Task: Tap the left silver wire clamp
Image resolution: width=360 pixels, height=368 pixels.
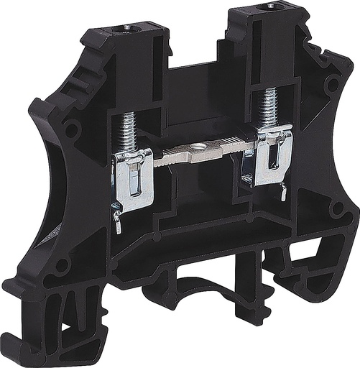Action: click(x=134, y=180)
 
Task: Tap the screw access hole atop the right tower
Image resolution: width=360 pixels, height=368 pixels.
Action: click(x=271, y=6)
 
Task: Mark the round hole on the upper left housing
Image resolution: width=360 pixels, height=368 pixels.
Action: click(x=70, y=132)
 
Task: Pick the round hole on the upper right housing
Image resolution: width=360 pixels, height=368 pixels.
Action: click(x=333, y=84)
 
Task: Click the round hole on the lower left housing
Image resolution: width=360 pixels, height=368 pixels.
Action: click(x=62, y=264)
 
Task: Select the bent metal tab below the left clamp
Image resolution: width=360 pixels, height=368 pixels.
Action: click(x=116, y=220)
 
